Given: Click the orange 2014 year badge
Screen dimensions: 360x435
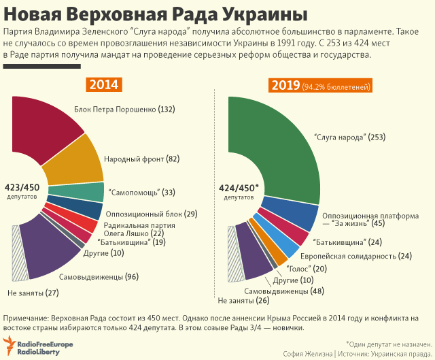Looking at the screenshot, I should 103,85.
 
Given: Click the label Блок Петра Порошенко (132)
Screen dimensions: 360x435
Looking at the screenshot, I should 124,109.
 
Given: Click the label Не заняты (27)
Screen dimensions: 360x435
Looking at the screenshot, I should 33,293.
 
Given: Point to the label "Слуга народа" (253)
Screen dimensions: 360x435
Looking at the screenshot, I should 350,137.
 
